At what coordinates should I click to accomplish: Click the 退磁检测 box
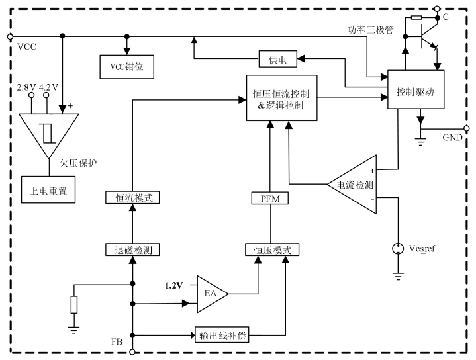click(x=133, y=249)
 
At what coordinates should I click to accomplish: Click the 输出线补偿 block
click(x=222, y=335)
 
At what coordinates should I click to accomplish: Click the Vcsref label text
click(x=423, y=248)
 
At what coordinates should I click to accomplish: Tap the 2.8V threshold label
click(x=26, y=87)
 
